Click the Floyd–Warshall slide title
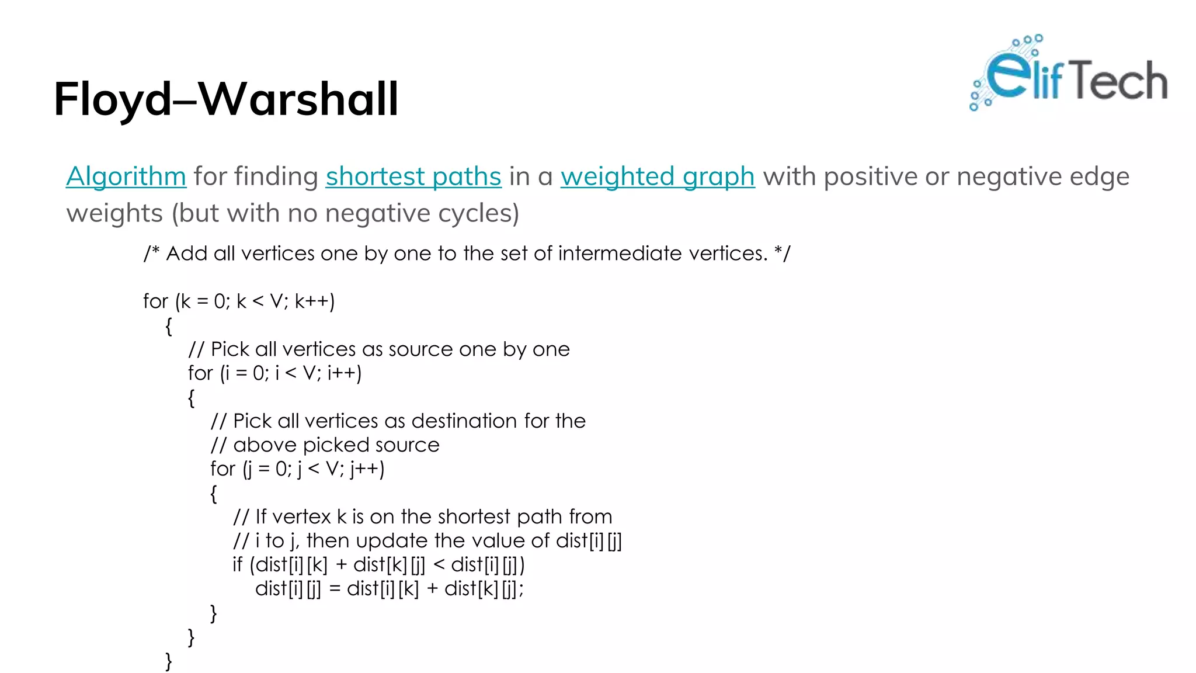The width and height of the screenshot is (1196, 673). pyautogui.click(x=226, y=99)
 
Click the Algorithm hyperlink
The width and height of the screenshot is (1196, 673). pyautogui.click(x=126, y=176)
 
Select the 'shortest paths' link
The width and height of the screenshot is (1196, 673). pyautogui.click(x=413, y=176)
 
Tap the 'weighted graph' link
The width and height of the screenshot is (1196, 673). pyautogui.click(x=658, y=176)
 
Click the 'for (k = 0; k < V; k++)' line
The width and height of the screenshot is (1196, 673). pyautogui.click(x=239, y=301)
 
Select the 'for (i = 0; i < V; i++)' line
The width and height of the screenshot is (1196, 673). pyautogui.click(x=274, y=373)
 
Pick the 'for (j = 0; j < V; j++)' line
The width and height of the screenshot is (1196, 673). pyautogui.click(x=297, y=469)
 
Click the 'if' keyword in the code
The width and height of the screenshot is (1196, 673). pyautogui.click(x=237, y=565)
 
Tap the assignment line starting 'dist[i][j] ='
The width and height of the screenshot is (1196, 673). pyautogui.click(x=389, y=589)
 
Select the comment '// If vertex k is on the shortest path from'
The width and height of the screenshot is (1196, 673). pyautogui.click(x=422, y=517)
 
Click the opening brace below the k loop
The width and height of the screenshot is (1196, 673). pyautogui.click(x=169, y=326)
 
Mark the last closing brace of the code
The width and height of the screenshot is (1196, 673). pyautogui.click(x=169, y=661)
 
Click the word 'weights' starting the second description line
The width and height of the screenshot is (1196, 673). pyautogui.click(x=114, y=213)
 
